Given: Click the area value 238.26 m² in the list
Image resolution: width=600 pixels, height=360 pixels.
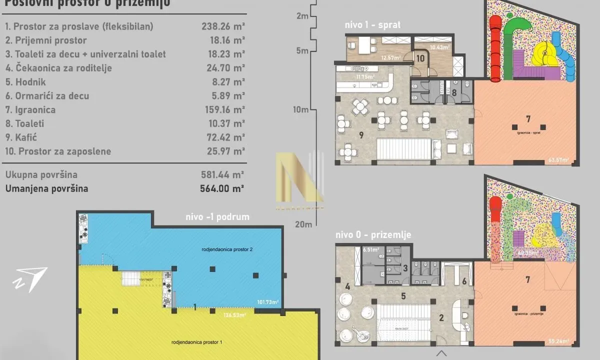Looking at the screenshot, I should pyautogui.click(x=222, y=26).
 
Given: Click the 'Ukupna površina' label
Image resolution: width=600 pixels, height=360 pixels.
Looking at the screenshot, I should pyautogui.click(x=41, y=175).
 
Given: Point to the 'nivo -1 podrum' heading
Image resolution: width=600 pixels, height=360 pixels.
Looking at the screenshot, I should pyautogui.click(x=217, y=216).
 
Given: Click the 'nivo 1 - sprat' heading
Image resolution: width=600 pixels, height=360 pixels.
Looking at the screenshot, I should pyautogui.click(x=372, y=25).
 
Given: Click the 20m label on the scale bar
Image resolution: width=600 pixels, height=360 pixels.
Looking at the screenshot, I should pyautogui.click(x=302, y=224).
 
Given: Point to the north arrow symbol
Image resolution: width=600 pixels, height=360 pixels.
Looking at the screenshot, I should pyautogui.click(x=30, y=279).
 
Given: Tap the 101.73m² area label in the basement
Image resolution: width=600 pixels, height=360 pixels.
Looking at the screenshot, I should pyautogui.click(x=267, y=302).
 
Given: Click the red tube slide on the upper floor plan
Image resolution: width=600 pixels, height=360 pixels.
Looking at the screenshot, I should pyautogui.click(x=494, y=47).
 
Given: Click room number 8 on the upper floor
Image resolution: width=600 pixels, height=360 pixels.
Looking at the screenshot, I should pyautogui.click(x=454, y=92).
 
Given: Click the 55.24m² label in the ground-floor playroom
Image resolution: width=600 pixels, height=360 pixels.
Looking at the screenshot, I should pyautogui.click(x=559, y=341).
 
